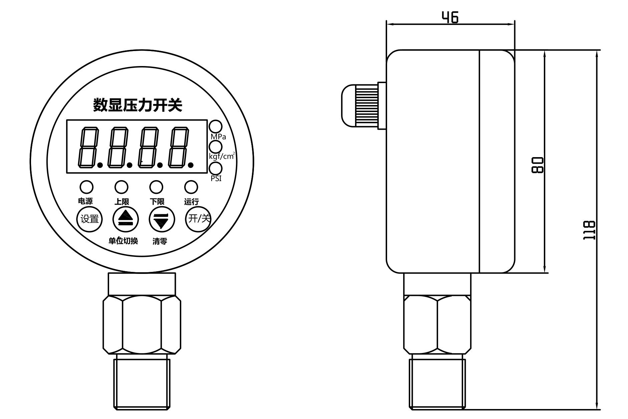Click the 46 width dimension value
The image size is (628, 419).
click(450, 17)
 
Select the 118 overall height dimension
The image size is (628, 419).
click(589, 230)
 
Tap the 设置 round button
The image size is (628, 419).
click(89, 219)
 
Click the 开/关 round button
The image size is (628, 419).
click(199, 219)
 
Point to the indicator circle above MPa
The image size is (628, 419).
click(216, 126)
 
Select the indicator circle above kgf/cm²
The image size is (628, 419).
click(216, 147)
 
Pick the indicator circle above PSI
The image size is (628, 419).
click(216, 168)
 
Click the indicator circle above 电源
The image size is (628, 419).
click(86, 187)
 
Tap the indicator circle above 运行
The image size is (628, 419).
click(191, 187)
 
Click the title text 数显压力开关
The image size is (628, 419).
click(137, 105)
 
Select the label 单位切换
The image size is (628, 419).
click(123, 241)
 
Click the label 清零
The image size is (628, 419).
click(160, 241)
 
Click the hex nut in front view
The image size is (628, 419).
click(141, 324)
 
